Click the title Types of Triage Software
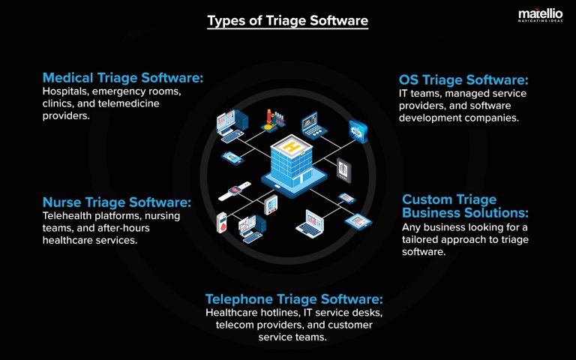point(287,21)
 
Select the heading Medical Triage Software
point(123,77)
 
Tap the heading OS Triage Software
point(463,79)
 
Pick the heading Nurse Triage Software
point(117,202)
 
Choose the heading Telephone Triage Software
point(294,298)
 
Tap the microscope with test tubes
point(271,119)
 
